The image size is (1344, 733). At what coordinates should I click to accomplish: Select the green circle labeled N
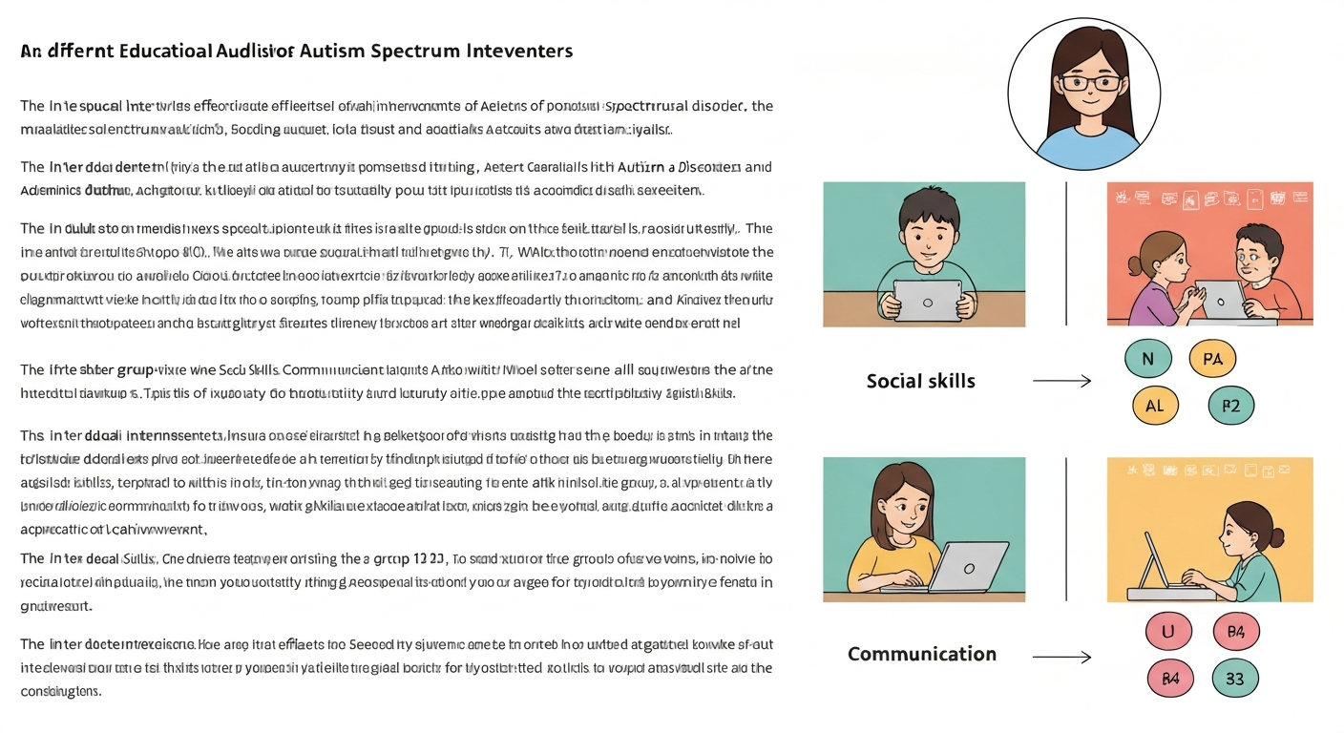1147,359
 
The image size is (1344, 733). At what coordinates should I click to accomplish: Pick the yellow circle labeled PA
1212,359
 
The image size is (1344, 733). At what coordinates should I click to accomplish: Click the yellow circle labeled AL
1154,405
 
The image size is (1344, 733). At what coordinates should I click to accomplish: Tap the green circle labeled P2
1230,405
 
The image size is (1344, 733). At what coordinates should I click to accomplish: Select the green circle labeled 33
1234,679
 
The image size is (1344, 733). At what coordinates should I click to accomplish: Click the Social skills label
920,381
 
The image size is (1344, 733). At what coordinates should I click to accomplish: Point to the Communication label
921,654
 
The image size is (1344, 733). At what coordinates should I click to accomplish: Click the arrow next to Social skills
1061,382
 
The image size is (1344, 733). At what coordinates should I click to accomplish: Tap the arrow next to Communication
1061,657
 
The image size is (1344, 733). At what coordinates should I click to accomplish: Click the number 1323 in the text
428,559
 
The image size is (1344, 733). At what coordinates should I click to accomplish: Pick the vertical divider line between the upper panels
1066,253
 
